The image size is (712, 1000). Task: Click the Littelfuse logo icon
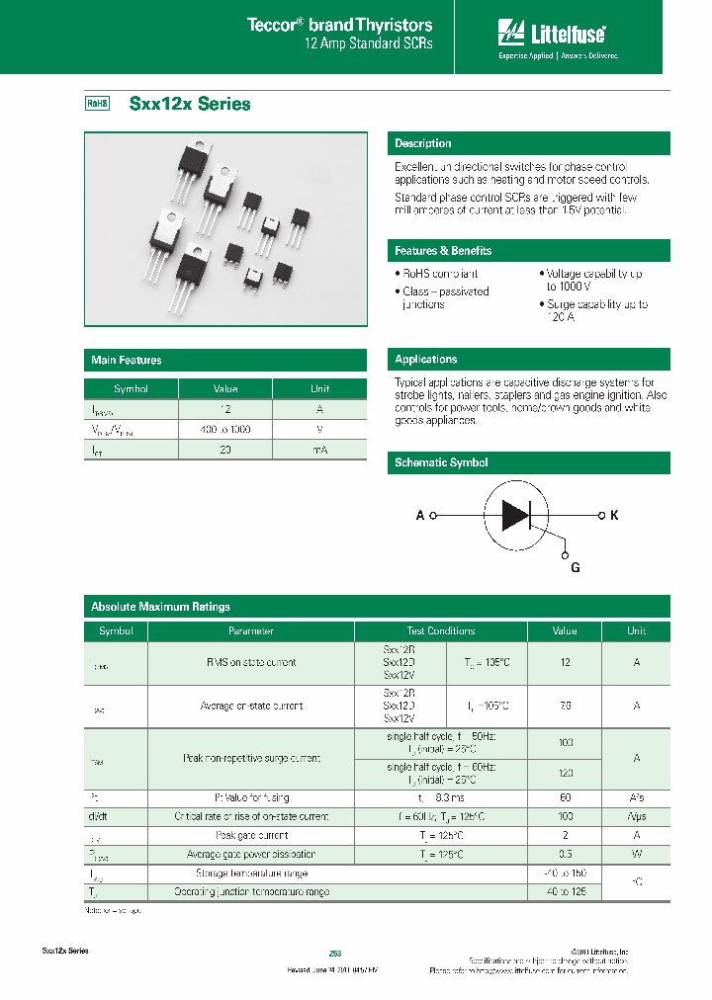511,34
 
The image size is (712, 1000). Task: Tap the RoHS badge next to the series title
97,104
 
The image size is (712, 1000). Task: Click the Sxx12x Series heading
190,104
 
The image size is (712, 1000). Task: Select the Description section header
423,143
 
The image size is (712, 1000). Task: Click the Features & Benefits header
443,251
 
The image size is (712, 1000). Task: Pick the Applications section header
426,360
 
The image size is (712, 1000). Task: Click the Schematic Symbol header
441,462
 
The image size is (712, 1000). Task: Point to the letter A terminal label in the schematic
420,516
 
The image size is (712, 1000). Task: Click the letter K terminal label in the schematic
614,516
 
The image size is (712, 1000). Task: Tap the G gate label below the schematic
575,567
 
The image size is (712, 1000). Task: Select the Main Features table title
127,361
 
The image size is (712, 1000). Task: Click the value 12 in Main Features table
225,409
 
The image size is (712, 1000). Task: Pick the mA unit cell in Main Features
320,450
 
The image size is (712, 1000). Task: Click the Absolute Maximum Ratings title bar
160,607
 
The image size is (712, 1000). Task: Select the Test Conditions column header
440,630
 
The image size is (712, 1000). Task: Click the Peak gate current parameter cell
251,835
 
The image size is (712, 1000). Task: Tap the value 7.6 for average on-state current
565,707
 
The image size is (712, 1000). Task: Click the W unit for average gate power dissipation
636,854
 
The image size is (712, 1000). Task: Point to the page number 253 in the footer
335,952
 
